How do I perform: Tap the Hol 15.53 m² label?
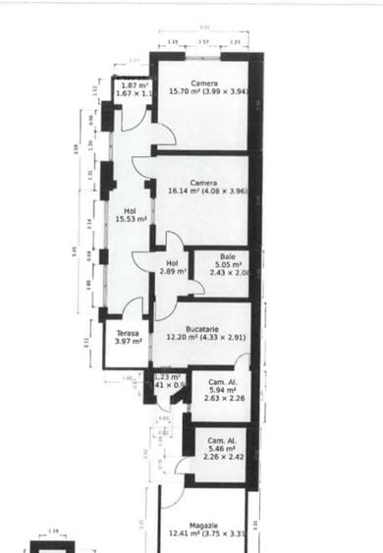130,214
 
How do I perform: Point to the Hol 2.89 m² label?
173,267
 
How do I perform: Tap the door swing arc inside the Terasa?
132,307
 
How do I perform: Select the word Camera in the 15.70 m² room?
204,83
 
